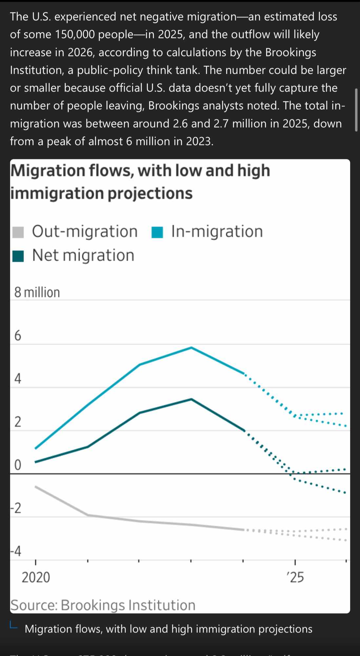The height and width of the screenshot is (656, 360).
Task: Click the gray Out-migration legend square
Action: coord(18,232)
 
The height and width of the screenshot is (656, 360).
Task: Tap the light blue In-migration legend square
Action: coord(157,232)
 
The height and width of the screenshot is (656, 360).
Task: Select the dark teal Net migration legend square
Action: coord(18,256)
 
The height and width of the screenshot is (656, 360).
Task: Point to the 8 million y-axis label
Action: coord(37,292)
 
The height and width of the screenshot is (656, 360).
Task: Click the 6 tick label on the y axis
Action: coord(17,336)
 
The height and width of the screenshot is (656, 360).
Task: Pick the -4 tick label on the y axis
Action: coord(16,551)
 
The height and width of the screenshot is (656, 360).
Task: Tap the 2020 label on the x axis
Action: coord(36,577)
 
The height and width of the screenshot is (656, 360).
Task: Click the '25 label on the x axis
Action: coord(295,577)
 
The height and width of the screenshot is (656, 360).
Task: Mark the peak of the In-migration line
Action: coord(191,347)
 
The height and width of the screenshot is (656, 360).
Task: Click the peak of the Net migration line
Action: coord(191,399)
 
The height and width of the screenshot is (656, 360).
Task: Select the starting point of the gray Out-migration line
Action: coord(36,486)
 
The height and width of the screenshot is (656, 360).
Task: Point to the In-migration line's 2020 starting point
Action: coord(36,448)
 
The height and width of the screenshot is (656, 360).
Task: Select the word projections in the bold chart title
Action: coord(150,193)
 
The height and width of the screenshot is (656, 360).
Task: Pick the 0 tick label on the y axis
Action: coord(18,465)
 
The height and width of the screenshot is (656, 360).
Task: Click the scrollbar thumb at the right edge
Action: coord(356,110)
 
